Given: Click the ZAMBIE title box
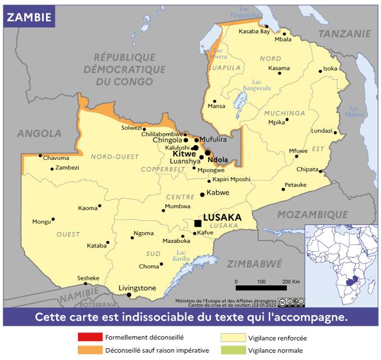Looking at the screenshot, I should tap(29, 17).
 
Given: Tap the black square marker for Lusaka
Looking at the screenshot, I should tap(198, 223).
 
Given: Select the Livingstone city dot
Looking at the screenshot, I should tap(129, 295).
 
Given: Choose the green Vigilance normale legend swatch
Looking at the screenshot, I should tap(233, 350).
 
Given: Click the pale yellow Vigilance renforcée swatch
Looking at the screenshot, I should tap(233, 338).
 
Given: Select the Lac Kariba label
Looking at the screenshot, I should tap(182, 255).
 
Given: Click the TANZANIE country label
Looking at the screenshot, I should tap(344, 34).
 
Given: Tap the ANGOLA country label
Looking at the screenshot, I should tap(39, 133).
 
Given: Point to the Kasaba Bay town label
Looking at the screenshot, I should tap(254, 31).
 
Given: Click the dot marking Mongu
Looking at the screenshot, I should tap(53, 219).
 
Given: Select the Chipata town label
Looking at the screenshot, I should tap(307, 169).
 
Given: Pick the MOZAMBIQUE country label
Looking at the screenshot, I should tap(313, 215).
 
